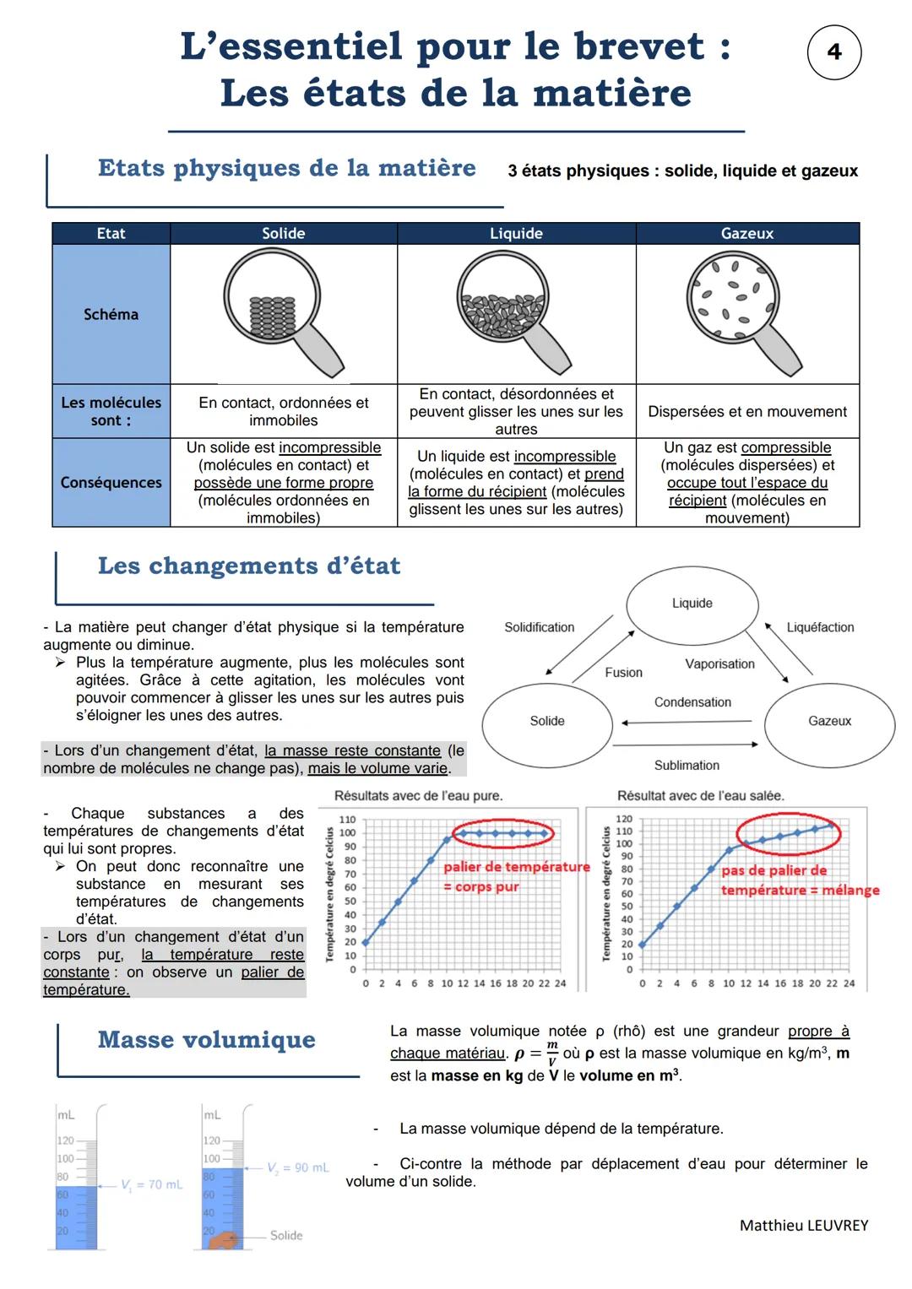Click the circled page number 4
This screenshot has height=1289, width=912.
pyautogui.click(x=833, y=52)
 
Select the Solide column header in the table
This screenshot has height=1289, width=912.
pyautogui.click(x=283, y=234)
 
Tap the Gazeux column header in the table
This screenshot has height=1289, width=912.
pyautogui.click(x=746, y=234)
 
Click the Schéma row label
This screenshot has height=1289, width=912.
pyautogui.click(x=111, y=314)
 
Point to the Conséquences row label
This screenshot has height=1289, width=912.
pyautogui.click(x=111, y=483)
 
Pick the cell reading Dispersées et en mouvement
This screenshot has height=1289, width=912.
pyautogui.click(x=746, y=412)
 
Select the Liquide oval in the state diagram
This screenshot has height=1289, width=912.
pyautogui.click(x=692, y=604)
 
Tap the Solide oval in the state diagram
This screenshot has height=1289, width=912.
pyautogui.click(x=547, y=721)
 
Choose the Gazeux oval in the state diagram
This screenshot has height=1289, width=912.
pyautogui.click(x=829, y=721)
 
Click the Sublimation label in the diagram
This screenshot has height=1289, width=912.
pyautogui.click(x=687, y=766)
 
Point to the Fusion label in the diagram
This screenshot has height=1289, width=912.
pyautogui.click(x=623, y=673)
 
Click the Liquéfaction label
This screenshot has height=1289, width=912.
pyautogui.click(x=820, y=627)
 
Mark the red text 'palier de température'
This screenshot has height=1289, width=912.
pyautogui.click(x=516, y=867)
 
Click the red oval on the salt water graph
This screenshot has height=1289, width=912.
pyautogui.click(x=789, y=831)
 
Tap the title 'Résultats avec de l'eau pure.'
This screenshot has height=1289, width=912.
pyautogui.click(x=418, y=796)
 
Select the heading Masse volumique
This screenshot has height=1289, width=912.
pyautogui.click(x=206, y=1040)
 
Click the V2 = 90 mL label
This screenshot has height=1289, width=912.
pyautogui.click(x=298, y=1167)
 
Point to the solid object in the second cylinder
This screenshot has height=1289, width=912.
pyautogui.click(x=225, y=1240)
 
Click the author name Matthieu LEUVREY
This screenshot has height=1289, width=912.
pyautogui.click(x=803, y=1226)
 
